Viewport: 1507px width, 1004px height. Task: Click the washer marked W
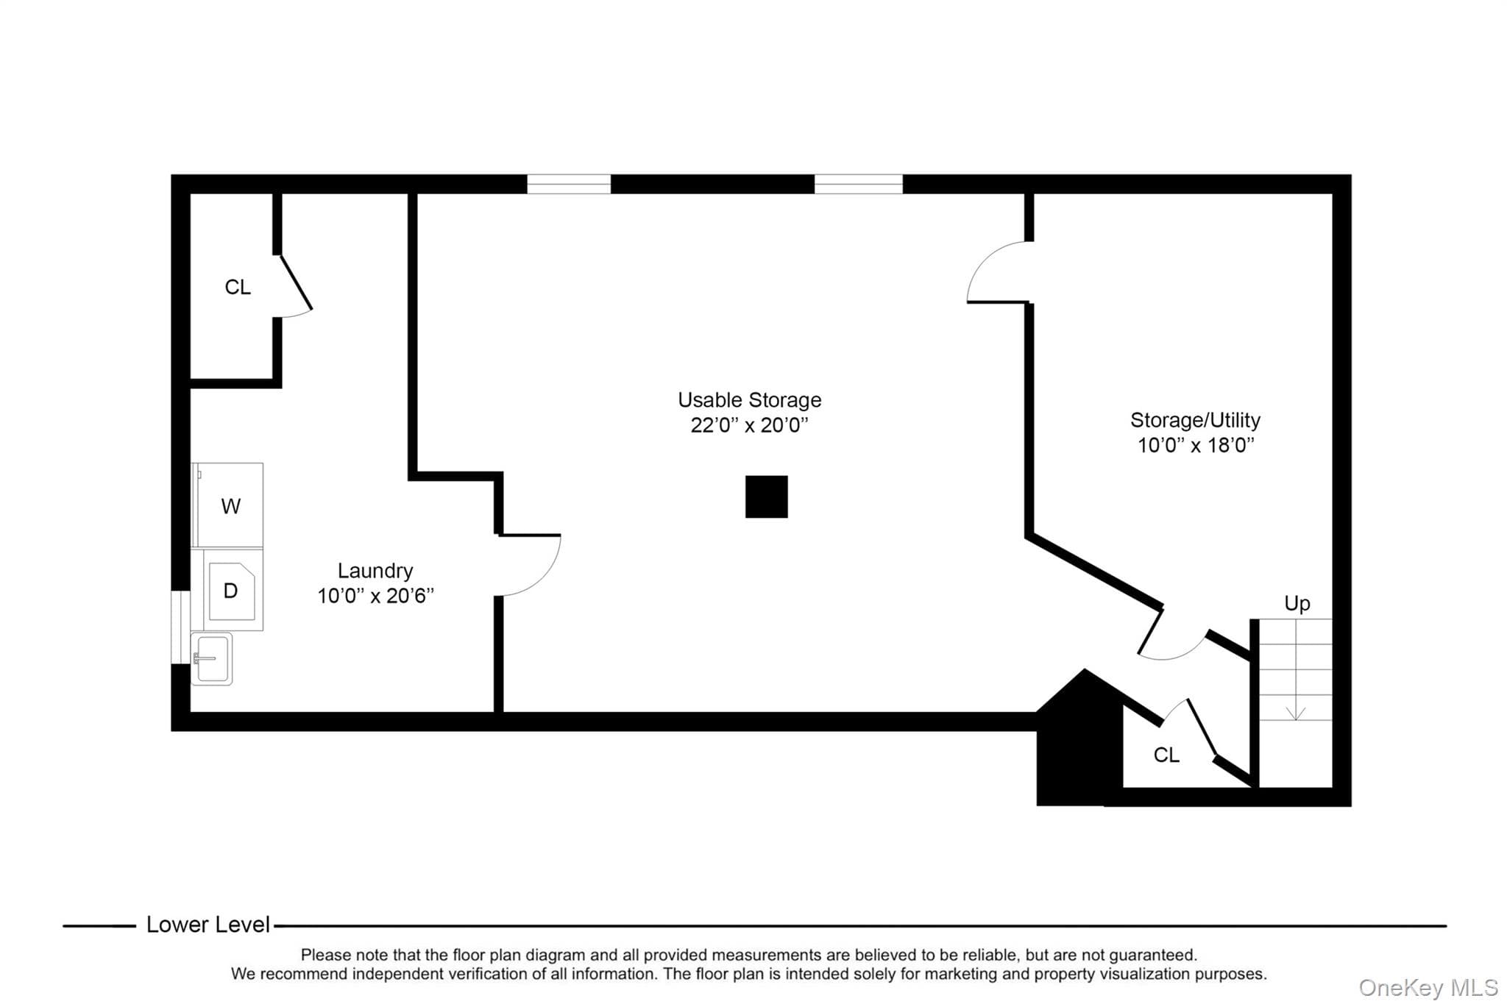(x=227, y=505)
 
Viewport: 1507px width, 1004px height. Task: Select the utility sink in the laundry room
(x=212, y=659)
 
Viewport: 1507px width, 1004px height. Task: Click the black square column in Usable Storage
(x=767, y=496)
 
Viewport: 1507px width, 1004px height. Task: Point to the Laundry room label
(x=375, y=571)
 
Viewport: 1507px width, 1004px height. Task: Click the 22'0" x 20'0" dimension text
(x=749, y=425)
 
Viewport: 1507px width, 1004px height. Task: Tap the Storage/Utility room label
(x=1195, y=420)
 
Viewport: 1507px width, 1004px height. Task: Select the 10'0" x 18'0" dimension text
(x=1196, y=445)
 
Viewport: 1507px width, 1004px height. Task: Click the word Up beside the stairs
(x=1297, y=604)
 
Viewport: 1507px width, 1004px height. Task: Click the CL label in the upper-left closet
(x=238, y=287)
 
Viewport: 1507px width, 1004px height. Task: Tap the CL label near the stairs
(x=1166, y=755)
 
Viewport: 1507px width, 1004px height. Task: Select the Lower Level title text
(x=208, y=925)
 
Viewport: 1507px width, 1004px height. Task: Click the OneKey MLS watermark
(x=1428, y=987)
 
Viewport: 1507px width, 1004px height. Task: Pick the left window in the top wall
(x=569, y=184)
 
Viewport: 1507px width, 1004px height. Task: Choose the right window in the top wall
(x=859, y=184)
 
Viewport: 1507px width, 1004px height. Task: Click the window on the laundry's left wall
(x=180, y=627)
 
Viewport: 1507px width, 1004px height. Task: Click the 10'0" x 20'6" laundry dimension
(x=375, y=596)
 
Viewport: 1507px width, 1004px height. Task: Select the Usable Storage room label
(x=749, y=400)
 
